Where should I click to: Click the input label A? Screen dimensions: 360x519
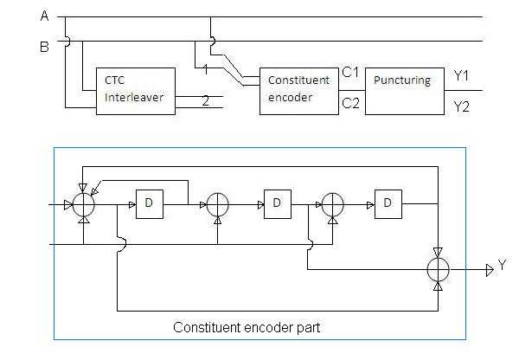coord(43,16)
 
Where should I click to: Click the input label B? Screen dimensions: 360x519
coord(43,46)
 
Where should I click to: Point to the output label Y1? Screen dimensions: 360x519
coord(463,76)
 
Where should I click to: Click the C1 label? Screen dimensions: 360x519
coord(349,73)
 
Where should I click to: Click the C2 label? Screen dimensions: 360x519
coord(349,104)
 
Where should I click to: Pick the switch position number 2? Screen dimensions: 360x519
coord(205,101)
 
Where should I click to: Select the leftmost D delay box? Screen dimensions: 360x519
coord(150,204)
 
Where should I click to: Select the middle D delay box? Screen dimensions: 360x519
coord(277,204)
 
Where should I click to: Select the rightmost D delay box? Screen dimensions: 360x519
coord(388,204)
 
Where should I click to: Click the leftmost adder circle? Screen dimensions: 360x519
coord(83,205)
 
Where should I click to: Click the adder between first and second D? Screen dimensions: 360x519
coord(216,205)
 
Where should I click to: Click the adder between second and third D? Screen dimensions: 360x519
coord(332,205)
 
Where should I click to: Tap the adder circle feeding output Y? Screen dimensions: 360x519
coord(440,268)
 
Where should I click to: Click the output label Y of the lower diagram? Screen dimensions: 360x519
coord(501,268)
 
